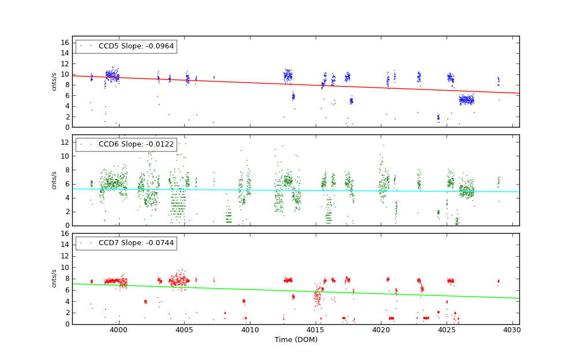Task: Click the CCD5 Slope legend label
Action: (136, 46)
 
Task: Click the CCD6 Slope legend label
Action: (136, 144)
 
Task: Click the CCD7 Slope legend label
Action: (136, 243)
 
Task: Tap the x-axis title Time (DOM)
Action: (295, 340)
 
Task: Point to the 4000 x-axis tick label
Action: (118, 330)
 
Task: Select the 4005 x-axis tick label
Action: (184, 330)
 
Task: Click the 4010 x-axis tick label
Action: (250, 330)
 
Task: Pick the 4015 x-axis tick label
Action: (316, 330)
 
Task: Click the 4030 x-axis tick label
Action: (512, 330)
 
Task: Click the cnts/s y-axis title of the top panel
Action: (54, 81)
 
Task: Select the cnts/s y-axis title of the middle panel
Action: (54, 180)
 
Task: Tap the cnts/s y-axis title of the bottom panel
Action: (54, 279)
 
